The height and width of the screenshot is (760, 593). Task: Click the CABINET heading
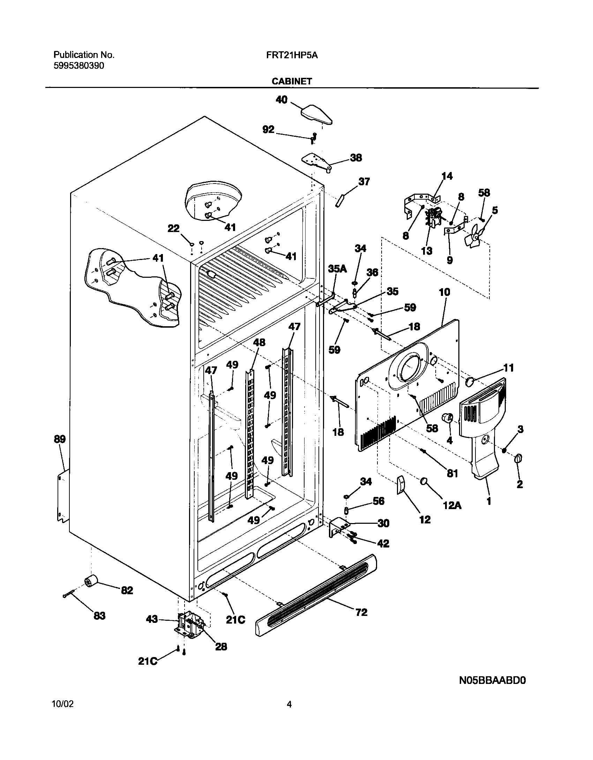tap(292, 81)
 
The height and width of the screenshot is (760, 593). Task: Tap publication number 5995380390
tap(78, 66)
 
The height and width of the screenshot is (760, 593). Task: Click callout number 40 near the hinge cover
tap(282, 100)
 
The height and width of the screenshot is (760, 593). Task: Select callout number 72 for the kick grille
tap(361, 612)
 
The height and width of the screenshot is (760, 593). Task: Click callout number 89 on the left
tap(60, 439)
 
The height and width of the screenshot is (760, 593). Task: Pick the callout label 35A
tap(337, 268)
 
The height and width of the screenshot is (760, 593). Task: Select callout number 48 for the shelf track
tap(259, 342)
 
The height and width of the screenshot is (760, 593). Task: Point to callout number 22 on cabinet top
tap(173, 229)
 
